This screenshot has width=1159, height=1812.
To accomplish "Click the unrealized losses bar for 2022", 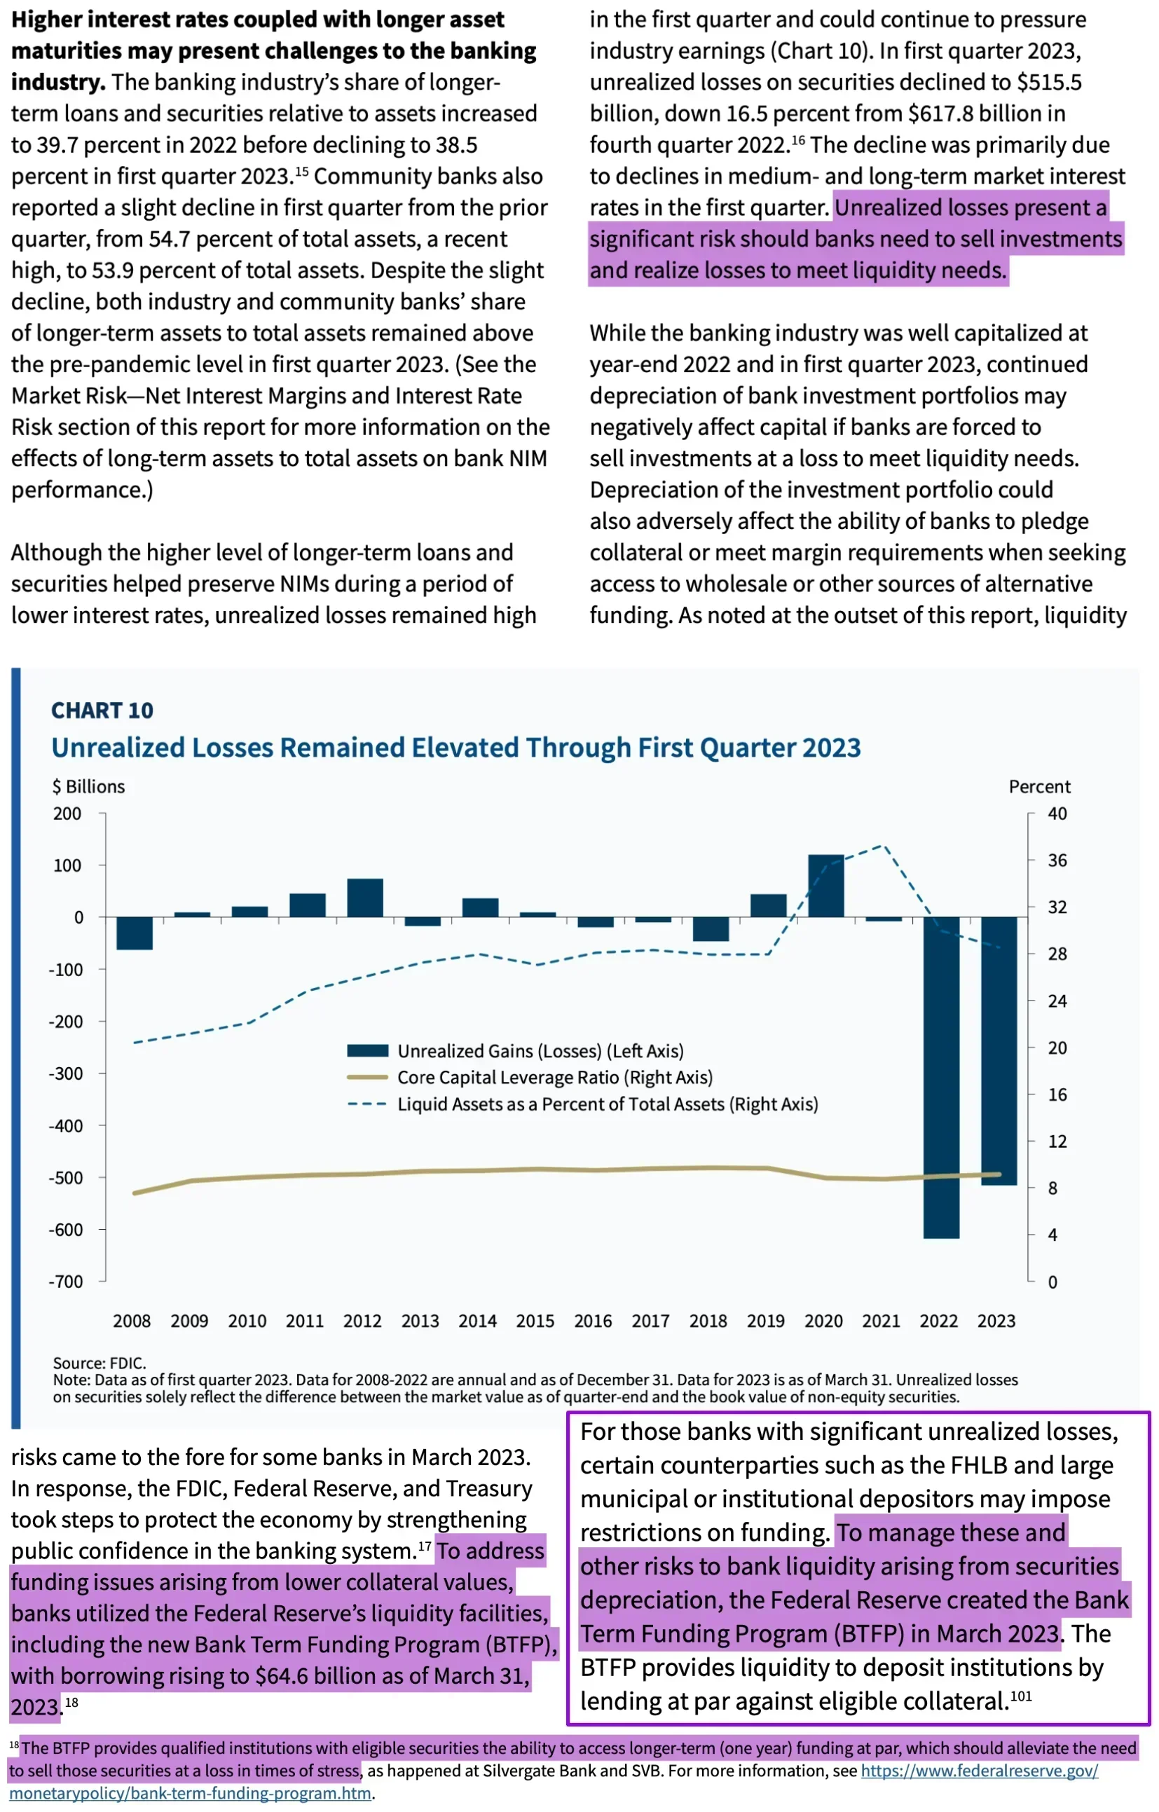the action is (x=941, y=1078).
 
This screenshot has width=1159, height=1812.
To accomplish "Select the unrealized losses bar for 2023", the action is (x=999, y=1050).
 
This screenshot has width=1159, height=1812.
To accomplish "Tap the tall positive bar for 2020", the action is (x=825, y=886).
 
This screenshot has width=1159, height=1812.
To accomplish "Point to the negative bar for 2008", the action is (x=135, y=933).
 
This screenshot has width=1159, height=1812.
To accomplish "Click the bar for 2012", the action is (x=365, y=898).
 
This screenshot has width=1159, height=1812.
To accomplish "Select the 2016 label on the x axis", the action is (x=593, y=1321).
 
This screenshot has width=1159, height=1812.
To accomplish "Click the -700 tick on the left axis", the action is (x=67, y=1282).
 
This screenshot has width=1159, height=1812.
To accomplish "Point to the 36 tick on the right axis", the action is (x=1057, y=860).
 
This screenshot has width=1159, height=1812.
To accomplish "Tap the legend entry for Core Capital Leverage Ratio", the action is (x=530, y=1078).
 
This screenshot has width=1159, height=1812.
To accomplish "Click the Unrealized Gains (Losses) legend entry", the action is (x=516, y=1050).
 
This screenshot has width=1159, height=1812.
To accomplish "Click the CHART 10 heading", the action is (x=102, y=711).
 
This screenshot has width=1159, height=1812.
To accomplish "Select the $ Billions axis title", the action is (x=89, y=786).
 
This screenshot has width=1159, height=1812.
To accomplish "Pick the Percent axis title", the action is (x=1039, y=786).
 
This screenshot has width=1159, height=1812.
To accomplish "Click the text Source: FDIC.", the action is (x=100, y=1363).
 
